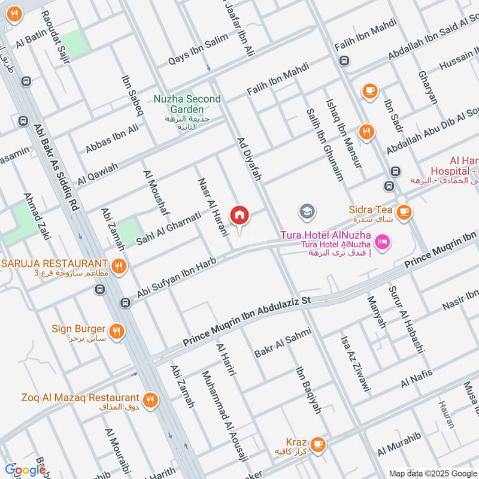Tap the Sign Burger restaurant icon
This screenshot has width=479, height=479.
tap(117, 330)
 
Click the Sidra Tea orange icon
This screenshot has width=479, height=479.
tap(404, 211)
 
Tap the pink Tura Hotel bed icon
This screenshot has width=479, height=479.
tap(381, 242)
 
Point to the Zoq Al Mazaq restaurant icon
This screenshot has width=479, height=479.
tap(150, 398)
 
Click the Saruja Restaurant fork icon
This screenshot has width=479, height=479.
tap(119, 264)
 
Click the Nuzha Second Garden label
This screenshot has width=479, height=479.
tap(187, 104)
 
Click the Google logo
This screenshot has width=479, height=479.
tap(25, 470)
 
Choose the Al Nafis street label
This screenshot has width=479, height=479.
tap(422, 378)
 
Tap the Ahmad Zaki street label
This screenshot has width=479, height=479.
tap(35, 216)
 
